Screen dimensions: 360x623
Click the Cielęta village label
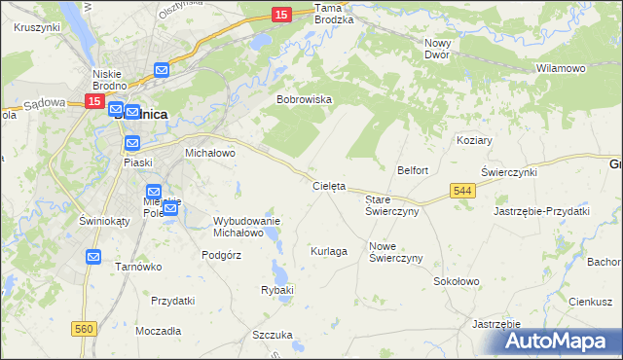point(328,186)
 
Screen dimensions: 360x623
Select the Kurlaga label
point(329,251)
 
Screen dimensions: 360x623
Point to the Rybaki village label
point(277,290)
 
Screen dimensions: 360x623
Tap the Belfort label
point(413,170)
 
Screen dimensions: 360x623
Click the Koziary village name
point(474,140)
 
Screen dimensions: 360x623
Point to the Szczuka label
point(273,335)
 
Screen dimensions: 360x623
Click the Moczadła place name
point(159,331)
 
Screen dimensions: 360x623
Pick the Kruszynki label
point(38,27)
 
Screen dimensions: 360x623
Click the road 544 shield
point(462,193)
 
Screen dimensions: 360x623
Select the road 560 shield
point(84,330)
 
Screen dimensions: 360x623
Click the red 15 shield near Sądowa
point(94,101)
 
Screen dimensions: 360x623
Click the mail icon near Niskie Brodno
point(162,70)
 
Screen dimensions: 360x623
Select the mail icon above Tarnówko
point(93,257)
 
